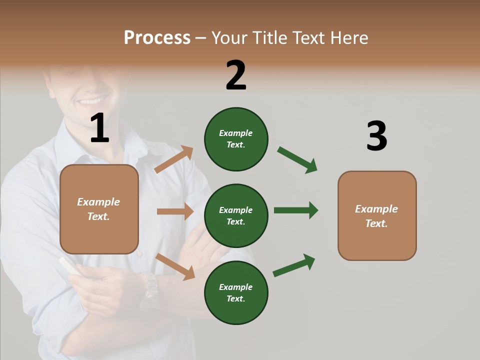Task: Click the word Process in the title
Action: tap(157, 37)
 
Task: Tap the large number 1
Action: tap(99, 128)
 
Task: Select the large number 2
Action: tap(236, 75)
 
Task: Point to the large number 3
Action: tap(376, 136)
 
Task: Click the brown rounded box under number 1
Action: tap(99, 209)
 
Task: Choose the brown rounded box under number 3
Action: tap(377, 215)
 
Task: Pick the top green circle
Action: tap(236, 139)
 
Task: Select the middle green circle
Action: tap(236, 215)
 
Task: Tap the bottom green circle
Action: tap(236, 292)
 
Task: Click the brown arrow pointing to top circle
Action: tap(174, 159)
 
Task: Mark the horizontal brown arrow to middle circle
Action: tap(175, 211)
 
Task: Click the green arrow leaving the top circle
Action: tap(297, 160)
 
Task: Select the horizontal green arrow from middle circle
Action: tap(295, 210)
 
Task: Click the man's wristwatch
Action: tap(149, 290)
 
